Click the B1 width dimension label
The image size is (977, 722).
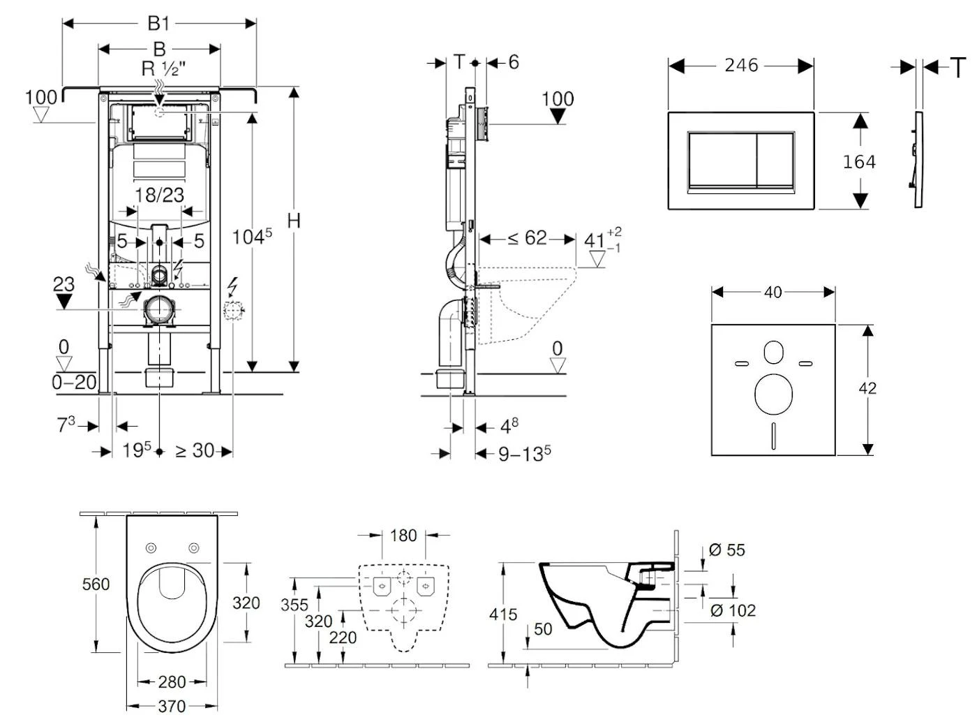tap(158, 24)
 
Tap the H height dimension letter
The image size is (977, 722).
tap(294, 221)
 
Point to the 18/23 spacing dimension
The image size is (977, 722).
tap(159, 195)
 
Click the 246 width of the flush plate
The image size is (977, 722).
tap(741, 65)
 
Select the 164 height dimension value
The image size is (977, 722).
tap(859, 162)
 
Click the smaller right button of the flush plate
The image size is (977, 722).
tap(775, 160)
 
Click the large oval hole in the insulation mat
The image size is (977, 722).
tap(773, 393)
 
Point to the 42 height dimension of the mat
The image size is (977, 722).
tap(867, 388)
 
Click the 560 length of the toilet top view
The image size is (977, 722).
tap(96, 584)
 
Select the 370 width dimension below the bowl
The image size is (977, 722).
tap(172, 706)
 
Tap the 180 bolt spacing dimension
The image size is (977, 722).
tap(403, 536)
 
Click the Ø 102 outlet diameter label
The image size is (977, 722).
tap(733, 610)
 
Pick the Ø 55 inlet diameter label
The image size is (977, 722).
tap(727, 550)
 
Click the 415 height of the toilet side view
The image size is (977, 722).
tap(503, 614)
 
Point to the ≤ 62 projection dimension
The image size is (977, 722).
tap(527, 239)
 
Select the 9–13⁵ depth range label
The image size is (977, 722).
tap(525, 455)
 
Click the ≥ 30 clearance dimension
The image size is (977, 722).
tap(195, 451)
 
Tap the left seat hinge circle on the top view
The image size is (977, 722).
tap(151, 547)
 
